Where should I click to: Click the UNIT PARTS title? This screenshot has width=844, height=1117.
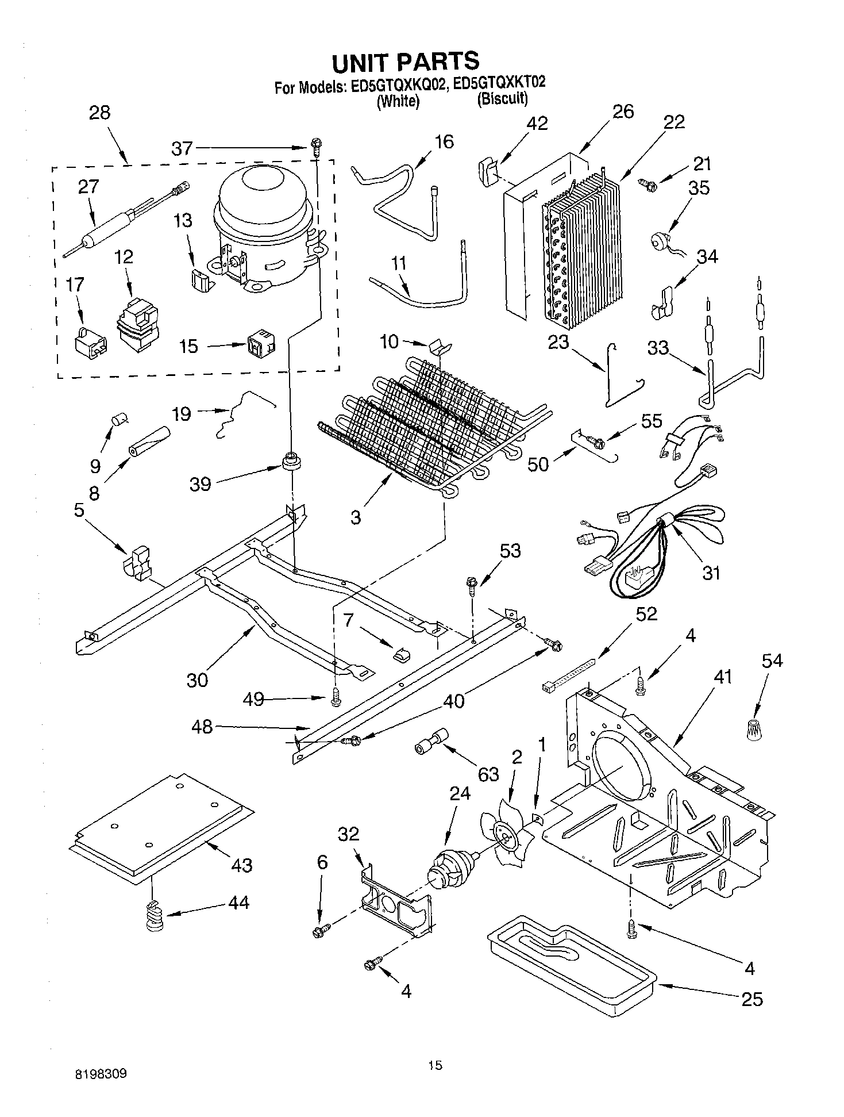pyautogui.click(x=405, y=61)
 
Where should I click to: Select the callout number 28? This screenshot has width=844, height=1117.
pyautogui.click(x=99, y=112)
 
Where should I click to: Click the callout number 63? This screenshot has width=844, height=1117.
pyautogui.click(x=488, y=774)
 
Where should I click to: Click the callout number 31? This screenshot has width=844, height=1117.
pyautogui.click(x=711, y=572)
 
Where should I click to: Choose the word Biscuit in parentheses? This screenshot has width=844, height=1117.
pyautogui.click(x=502, y=98)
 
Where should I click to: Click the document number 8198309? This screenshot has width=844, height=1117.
pyautogui.click(x=100, y=1073)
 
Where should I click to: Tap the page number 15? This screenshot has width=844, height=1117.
pyautogui.click(x=435, y=1065)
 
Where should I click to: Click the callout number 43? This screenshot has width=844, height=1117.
pyautogui.click(x=241, y=865)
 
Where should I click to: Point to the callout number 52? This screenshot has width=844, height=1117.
pyautogui.click(x=646, y=613)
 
